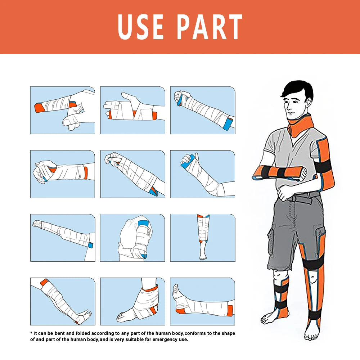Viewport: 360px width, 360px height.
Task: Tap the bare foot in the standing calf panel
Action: (203, 255)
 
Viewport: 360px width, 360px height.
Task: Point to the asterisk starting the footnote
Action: (31, 333)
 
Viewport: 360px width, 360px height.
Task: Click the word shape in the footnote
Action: (228, 333)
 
